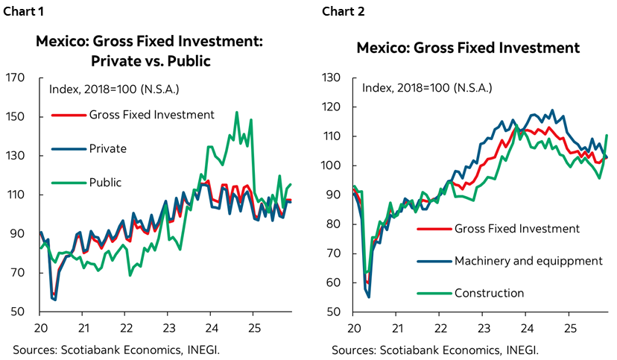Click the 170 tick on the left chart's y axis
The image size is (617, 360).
point(16,78)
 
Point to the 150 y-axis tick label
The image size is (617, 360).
point(16,117)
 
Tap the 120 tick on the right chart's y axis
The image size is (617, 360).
point(330,107)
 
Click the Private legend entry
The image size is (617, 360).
point(107,148)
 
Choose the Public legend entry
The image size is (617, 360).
point(104,182)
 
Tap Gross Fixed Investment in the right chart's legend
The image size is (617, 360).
point(516,228)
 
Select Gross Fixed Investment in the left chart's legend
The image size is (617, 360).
point(151,115)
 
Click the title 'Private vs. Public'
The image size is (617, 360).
point(149,61)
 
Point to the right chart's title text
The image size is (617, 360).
point(467,48)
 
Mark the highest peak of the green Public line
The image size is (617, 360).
point(237,113)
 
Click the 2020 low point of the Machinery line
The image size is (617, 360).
point(368,297)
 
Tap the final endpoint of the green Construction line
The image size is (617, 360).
point(607,135)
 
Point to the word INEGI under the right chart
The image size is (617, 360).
point(522,349)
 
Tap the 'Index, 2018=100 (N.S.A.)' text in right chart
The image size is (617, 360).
point(427,87)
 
